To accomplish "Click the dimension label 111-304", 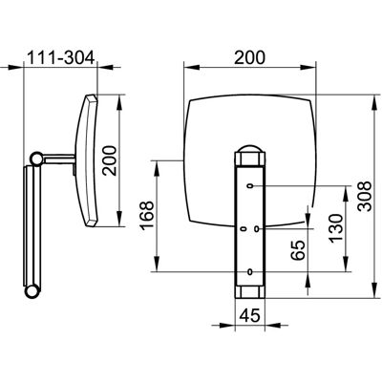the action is pyautogui.click(x=61, y=58).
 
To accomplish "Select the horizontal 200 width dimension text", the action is pyautogui.click(x=249, y=57).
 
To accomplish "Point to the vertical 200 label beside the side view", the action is pyautogui.click(x=110, y=160).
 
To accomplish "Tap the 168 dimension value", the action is pyautogui.click(x=147, y=215).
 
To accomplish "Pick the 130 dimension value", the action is pyautogui.click(x=337, y=228).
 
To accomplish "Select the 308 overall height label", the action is pyautogui.click(x=364, y=196).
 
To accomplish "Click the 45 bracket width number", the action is pyautogui.click(x=250, y=315).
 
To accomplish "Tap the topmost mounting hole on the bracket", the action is pyautogui.click(x=250, y=185).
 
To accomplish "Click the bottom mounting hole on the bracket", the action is pyautogui.click(x=250, y=271).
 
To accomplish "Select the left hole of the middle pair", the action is pyautogui.click(x=244, y=228).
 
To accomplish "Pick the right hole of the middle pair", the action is pyautogui.click(x=258, y=228).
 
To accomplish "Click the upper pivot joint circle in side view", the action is pyautogui.click(x=35, y=158).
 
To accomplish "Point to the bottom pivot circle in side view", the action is pyautogui.click(x=32, y=291).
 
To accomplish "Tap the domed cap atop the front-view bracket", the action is pyautogui.click(x=250, y=149).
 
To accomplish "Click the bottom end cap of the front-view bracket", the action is pyautogui.click(x=250, y=291).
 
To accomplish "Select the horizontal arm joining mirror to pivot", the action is pyautogui.click(x=58, y=159).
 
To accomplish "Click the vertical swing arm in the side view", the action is pyautogui.click(x=32, y=225).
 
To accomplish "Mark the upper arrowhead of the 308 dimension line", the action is pyautogui.click(x=373, y=101).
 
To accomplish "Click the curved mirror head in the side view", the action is pyautogui.click(x=87, y=160).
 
